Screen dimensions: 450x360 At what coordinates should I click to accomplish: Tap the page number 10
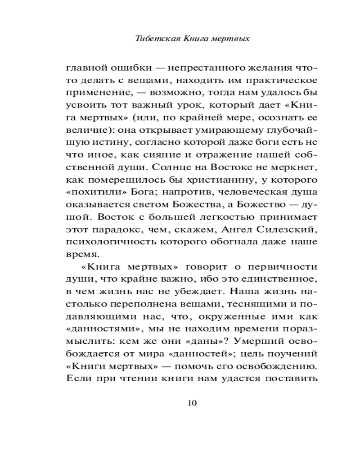(x=192, y=402)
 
